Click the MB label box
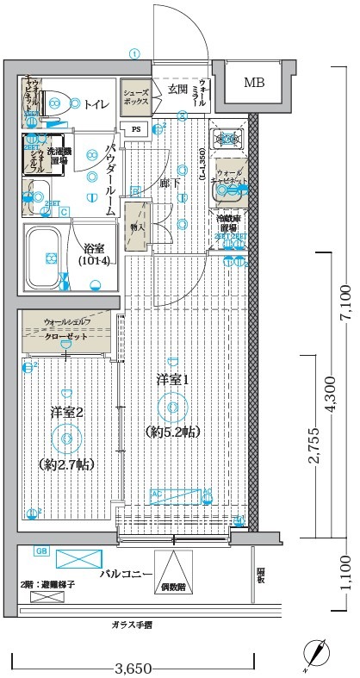[x=254, y=84]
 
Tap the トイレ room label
[x=96, y=104]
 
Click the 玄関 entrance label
[x=178, y=89]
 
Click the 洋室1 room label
[x=172, y=379]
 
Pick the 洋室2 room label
[x=66, y=413]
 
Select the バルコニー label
[x=126, y=573]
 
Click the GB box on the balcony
[x=40, y=551]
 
